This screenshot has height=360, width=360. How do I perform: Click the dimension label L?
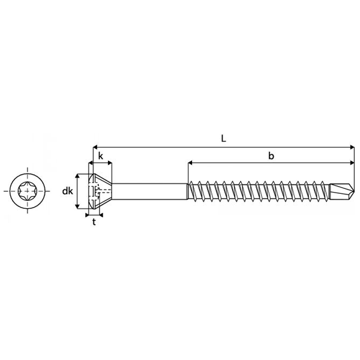click(x=223, y=138)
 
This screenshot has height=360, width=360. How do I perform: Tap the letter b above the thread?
click(x=271, y=156)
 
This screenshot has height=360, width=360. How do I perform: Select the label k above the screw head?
click(x=100, y=156)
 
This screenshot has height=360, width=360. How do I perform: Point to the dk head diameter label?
click(x=67, y=192)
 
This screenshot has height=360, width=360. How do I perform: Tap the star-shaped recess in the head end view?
click(x=28, y=191)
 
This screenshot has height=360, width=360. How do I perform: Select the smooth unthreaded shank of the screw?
click(x=150, y=192)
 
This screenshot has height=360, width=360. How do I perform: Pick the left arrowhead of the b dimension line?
click(x=191, y=163)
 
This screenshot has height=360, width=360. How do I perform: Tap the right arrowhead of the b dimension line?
click(x=352, y=163)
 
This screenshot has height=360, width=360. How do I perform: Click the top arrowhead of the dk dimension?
click(x=77, y=177)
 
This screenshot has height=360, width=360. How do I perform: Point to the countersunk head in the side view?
click(x=100, y=192)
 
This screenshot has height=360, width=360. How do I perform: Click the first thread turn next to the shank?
click(x=193, y=192)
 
